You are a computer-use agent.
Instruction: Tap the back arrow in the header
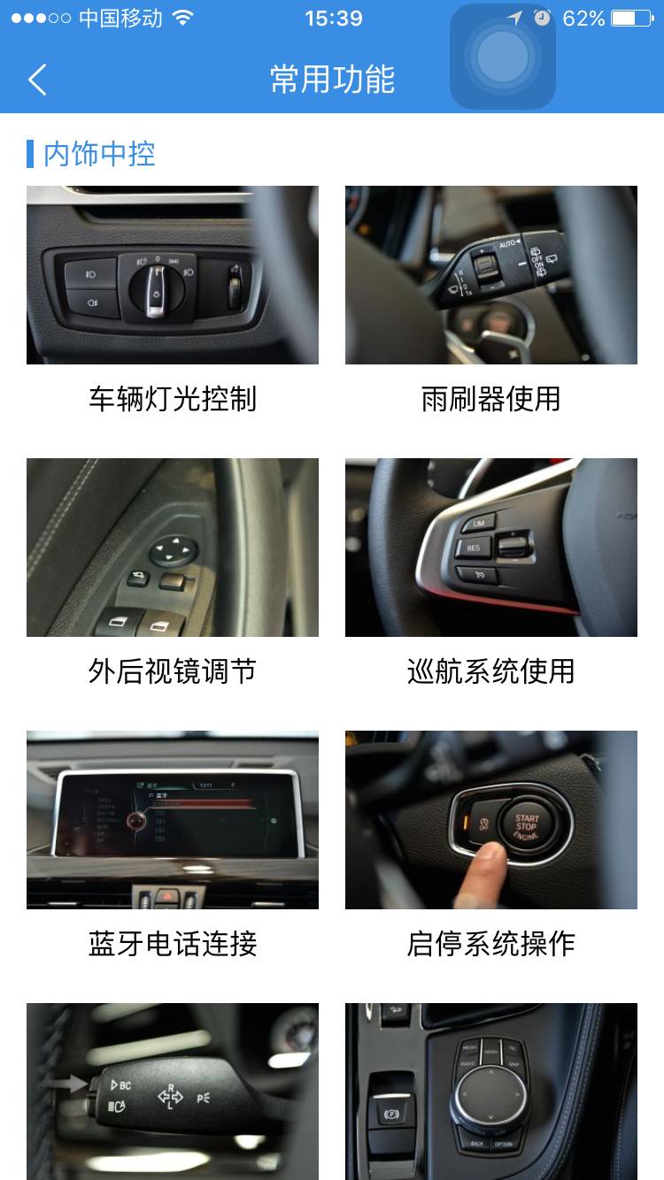pos(37,80)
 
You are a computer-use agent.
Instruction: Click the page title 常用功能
pos(332,80)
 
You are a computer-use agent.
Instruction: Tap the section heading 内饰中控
pos(99,154)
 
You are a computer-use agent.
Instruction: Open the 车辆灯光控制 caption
pos(173,399)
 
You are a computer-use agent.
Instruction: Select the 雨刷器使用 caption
pos(491,399)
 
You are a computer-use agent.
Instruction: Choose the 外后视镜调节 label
pos(173,671)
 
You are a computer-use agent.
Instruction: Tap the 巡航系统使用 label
pos(491,671)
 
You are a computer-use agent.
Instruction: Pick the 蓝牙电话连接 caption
pos(173,944)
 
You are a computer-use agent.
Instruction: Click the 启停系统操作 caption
pos(491,944)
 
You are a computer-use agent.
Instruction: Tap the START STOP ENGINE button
pos(527,826)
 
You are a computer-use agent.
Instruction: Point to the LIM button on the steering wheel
pos(478,523)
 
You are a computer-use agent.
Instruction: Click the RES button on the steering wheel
pos(474,548)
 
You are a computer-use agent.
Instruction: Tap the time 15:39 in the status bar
pos(333,19)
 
